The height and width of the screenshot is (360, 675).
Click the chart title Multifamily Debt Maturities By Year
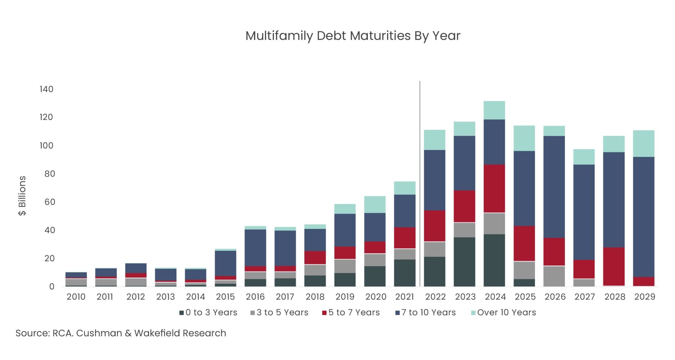353,36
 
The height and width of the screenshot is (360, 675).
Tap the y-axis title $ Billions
22,195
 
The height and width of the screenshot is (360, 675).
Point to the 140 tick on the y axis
46,89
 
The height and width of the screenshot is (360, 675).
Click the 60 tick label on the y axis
50,202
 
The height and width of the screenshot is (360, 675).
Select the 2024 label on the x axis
495,297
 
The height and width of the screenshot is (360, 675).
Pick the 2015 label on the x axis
225,297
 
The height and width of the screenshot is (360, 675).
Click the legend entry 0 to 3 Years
208,313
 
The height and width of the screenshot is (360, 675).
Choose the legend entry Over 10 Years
503,313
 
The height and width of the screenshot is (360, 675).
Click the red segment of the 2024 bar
494,189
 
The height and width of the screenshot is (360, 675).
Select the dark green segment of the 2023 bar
464,262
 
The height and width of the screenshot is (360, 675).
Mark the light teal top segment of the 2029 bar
643,143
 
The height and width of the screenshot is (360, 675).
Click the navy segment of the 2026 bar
554,187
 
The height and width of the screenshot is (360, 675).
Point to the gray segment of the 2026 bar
554,276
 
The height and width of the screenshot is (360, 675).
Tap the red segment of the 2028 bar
614,266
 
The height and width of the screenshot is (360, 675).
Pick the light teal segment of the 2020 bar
375,204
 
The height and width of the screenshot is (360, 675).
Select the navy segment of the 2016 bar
255,247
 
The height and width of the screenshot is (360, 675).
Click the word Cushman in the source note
99,333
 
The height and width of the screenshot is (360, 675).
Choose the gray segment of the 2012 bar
136,282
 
